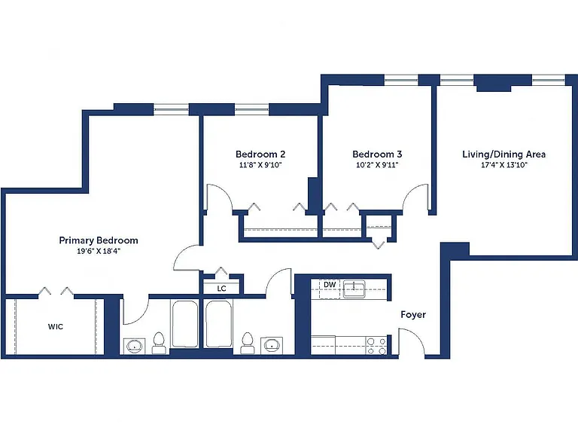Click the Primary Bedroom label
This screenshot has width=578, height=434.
click(x=99, y=240)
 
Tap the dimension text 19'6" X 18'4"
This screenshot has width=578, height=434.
click(x=99, y=252)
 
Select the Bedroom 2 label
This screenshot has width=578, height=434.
click(x=260, y=154)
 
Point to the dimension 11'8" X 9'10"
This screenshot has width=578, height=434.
click(x=260, y=165)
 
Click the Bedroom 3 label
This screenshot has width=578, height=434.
click(x=377, y=154)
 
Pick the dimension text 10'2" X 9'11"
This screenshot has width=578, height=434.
click(x=377, y=165)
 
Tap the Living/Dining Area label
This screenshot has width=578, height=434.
click(x=504, y=154)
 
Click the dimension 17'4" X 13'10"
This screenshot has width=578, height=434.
click(x=504, y=165)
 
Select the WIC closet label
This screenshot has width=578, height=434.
click(x=55, y=326)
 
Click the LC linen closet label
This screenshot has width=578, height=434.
click(x=221, y=289)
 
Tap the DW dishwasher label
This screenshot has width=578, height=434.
click(x=330, y=285)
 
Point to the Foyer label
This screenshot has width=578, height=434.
click(x=413, y=315)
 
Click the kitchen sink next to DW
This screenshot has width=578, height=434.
click(x=354, y=289)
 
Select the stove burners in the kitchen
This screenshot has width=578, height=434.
click(x=376, y=346)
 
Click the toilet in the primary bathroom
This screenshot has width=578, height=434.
click(x=159, y=344)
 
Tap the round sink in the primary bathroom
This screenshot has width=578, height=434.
click(x=134, y=346)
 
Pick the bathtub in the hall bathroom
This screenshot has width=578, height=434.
click(x=218, y=324)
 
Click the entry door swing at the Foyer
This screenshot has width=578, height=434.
click(x=412, y=341)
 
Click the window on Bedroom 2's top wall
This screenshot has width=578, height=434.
click(x=252, y=109)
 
